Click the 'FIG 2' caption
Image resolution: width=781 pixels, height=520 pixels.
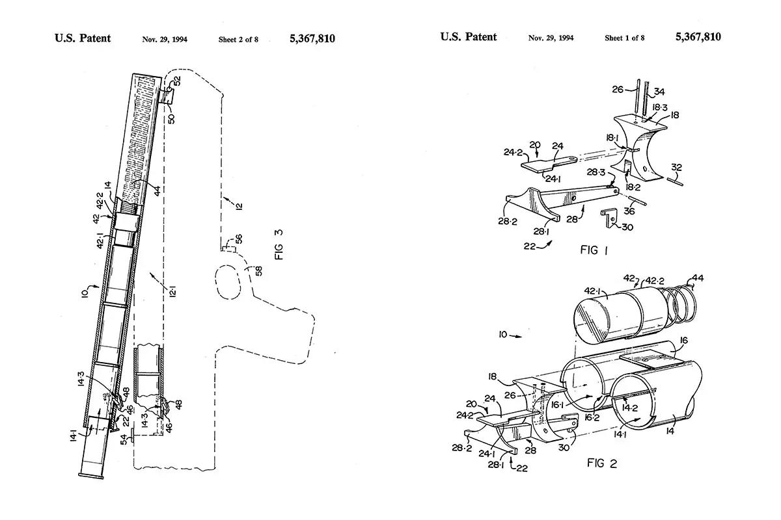(601, 463)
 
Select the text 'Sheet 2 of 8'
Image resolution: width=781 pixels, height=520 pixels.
(238, 39)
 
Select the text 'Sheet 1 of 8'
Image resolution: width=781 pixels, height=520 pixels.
(625, 38)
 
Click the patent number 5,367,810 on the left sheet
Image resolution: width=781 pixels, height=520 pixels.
(312, 38)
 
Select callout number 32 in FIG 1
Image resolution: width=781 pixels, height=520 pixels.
(677, 168)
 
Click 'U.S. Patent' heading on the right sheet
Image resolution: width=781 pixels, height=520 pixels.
(468, 37)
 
